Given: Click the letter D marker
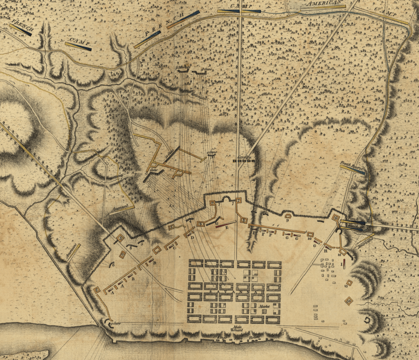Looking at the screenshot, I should tap(192, 238).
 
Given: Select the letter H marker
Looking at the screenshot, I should tap(325, 250).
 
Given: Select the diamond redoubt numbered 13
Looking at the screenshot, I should tap(348, 283).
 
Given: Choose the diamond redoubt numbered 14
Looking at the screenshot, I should tap(349, 301).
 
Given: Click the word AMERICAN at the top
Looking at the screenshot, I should tap(327, 3).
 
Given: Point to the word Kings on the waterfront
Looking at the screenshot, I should tap(221, 337).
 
